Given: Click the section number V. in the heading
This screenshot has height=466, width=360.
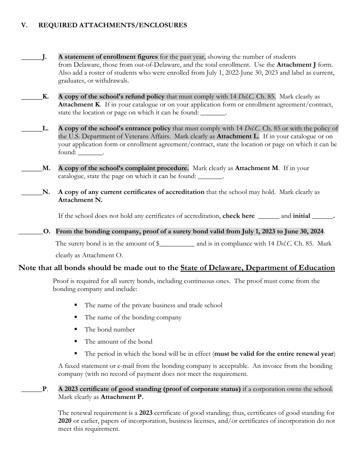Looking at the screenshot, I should point(24,25).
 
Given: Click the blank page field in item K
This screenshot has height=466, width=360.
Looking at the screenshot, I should point(213,113).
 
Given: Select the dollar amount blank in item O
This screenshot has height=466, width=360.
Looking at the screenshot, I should point(177,244).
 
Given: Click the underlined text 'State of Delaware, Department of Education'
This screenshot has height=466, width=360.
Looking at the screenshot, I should point(258,268).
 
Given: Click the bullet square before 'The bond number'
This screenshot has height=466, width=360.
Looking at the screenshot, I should point(76,329).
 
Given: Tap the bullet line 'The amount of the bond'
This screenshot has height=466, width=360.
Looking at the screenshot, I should point(118,342).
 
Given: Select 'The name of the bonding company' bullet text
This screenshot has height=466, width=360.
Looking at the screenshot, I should point(133,317).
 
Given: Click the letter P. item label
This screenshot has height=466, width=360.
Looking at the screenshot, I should point(45,389).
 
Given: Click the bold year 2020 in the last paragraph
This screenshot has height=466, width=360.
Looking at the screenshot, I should point(65,421).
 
